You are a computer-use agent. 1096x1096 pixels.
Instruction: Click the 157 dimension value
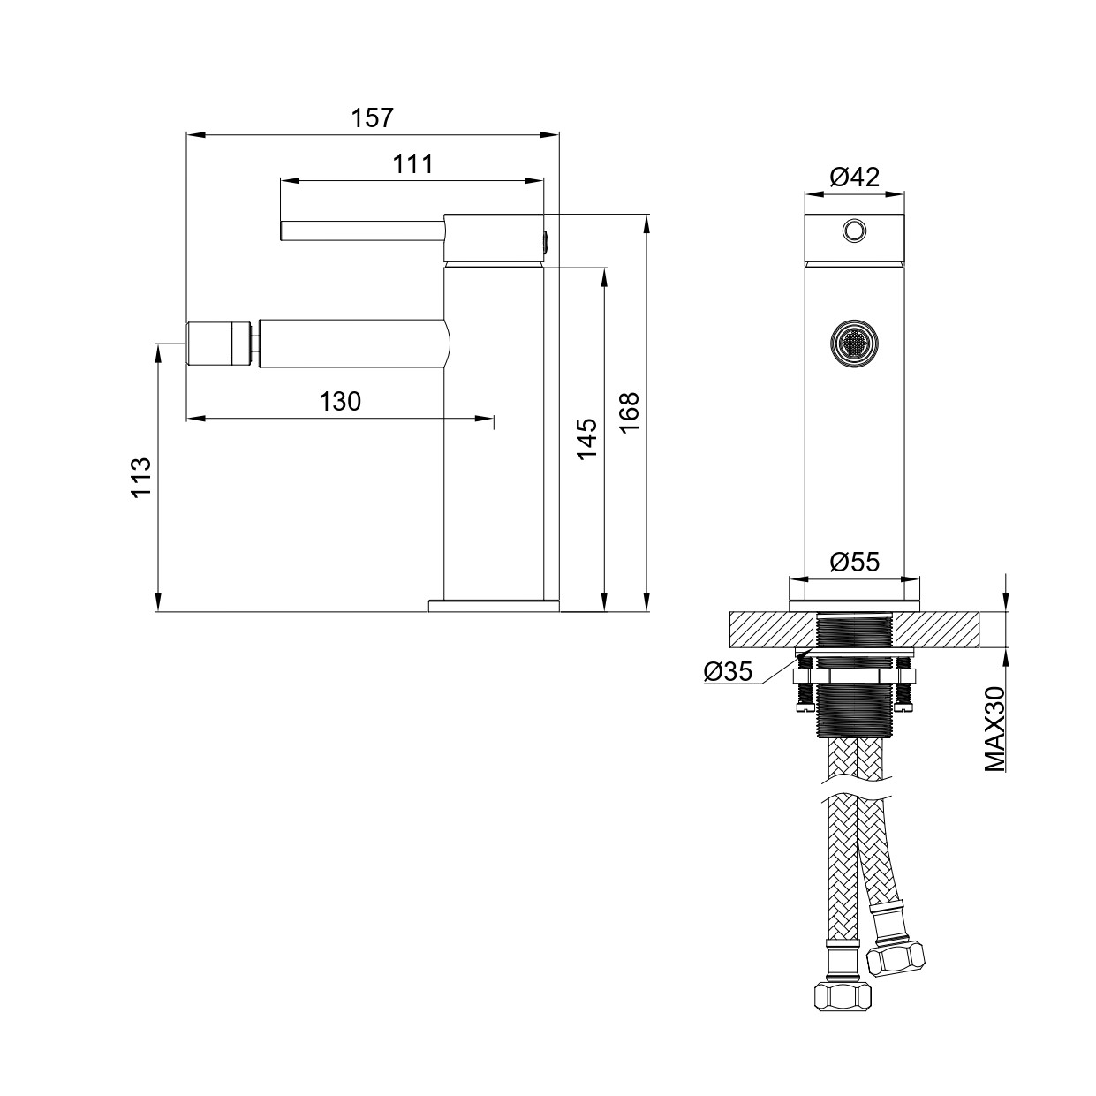tap(372, 117)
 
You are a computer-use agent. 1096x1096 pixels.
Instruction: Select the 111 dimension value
tap(412, 163)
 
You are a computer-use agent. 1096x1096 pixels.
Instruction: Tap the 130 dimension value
tap(340, 401)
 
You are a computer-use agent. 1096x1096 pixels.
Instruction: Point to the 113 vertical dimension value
tap(141, 478)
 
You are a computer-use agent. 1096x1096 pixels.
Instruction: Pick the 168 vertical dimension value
tap(629, 412)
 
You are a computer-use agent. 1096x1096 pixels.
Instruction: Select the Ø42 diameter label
tap(855, 177)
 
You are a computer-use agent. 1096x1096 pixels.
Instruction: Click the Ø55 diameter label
tap(855, 562)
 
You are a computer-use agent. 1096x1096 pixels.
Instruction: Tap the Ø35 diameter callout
tap(728, 672)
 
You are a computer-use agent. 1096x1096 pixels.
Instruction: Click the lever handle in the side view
tap(362, 231)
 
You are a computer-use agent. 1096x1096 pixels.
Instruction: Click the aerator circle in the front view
tap(853, 341)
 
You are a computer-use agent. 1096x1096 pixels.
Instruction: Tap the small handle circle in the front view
tap(853, 231)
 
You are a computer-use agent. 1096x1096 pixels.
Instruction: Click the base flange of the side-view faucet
tap(493, 605)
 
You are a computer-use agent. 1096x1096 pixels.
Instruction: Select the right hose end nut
tap(896, 957)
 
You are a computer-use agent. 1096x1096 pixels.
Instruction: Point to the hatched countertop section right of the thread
tap(938, 630)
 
